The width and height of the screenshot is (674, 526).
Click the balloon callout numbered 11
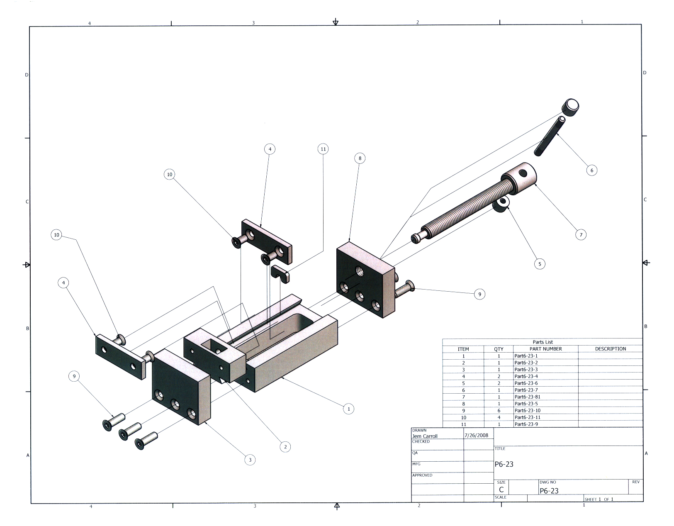coord(323,149)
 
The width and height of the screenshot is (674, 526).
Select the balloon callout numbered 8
coord(360,158)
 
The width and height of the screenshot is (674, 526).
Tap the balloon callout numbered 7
coord(581,235)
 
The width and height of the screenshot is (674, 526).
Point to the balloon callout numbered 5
coord(540,264)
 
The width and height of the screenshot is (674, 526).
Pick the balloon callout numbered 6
coord(591,170)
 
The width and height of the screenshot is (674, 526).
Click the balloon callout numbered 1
coord(349,409)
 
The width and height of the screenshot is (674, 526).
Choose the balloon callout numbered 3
coord(250,460)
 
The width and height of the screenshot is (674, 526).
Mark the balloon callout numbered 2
coord(285,447)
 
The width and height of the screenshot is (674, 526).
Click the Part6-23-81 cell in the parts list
coord(527,397)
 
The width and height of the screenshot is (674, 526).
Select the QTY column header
coord(499,349)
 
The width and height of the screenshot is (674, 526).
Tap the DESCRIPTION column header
coord(610,349)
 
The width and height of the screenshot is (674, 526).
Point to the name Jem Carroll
coord(424,436)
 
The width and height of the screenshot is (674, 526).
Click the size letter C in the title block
coord(501,489)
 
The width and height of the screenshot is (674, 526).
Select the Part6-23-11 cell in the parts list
coord(527,417)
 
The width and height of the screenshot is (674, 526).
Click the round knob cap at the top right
coord(570,107)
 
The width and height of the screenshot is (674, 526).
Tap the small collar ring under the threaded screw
coord(501,204)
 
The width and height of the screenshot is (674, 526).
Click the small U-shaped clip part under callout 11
coord(280,275)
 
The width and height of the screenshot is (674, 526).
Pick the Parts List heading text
coord(543,342)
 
